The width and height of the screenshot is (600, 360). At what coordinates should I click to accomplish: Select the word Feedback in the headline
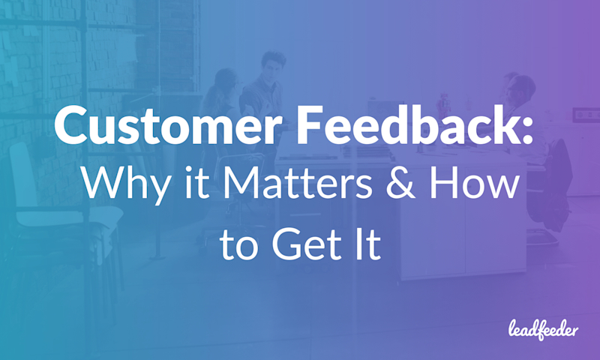click(400, 127)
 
